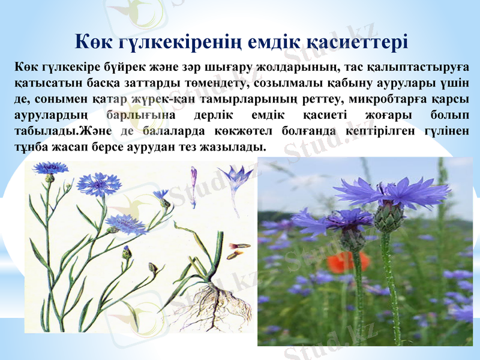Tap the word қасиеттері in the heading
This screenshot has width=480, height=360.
click(357, 42)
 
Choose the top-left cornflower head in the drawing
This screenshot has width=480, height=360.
click(50, 168)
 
